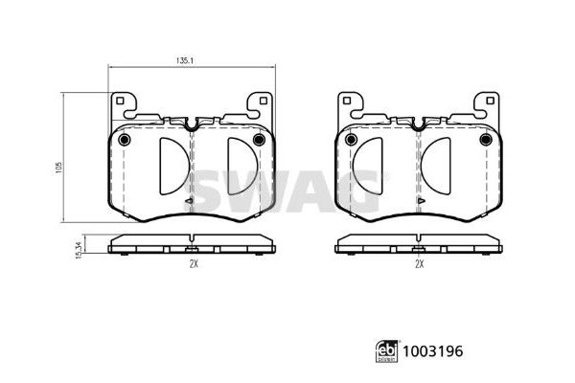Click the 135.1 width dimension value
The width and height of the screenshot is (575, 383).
[x=184, y=61]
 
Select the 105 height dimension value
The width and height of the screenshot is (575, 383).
[x=59, y=168]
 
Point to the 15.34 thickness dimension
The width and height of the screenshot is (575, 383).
[x=79, y=250]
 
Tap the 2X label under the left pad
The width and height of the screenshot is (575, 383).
[x=194, y=264]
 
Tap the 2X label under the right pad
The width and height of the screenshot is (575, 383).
[x=420, y=264]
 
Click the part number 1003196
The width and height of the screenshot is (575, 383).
[x=433, y=351]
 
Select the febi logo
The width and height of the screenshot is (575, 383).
[x=387, y=351]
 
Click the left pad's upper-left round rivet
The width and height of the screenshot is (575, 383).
[x=125, y=140]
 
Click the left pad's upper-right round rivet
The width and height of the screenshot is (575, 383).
[x=260, y=140]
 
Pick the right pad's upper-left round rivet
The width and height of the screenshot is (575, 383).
[x=351, y=140]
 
